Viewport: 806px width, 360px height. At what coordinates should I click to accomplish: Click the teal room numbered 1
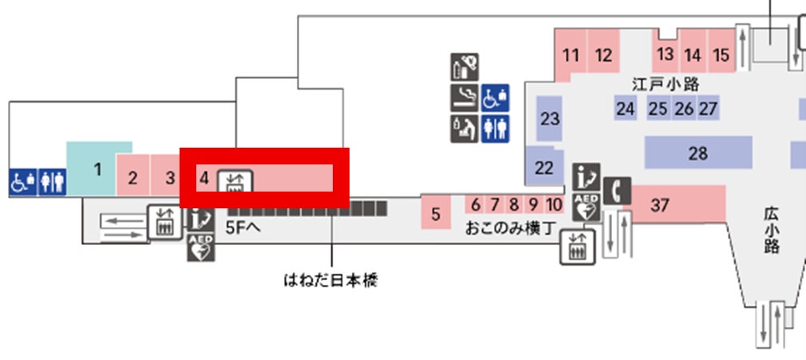pos(97,168)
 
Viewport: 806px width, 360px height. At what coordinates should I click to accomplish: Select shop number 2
pos(133,177)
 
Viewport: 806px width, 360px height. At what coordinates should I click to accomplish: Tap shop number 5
pos(436,214)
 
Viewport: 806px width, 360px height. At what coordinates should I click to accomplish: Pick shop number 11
pos(571,55)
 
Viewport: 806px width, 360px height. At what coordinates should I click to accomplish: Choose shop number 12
pos(604,55)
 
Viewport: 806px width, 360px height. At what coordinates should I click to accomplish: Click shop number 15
pos(721,55)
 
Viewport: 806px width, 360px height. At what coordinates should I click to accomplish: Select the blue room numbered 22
pos(543,168)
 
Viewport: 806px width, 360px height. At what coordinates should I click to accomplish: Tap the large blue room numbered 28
pos(698,152)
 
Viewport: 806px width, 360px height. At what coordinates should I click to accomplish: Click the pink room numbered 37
pos(660,205)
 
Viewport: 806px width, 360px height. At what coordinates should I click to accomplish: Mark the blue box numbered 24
pos(626,109)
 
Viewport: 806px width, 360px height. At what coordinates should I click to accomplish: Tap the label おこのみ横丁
pos(511,228)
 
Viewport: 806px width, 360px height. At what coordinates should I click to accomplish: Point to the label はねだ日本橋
pos(330,280)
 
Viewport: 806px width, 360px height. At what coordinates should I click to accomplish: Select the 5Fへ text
pos(244,226)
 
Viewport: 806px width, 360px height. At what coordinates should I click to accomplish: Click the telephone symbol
pos(617,190)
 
